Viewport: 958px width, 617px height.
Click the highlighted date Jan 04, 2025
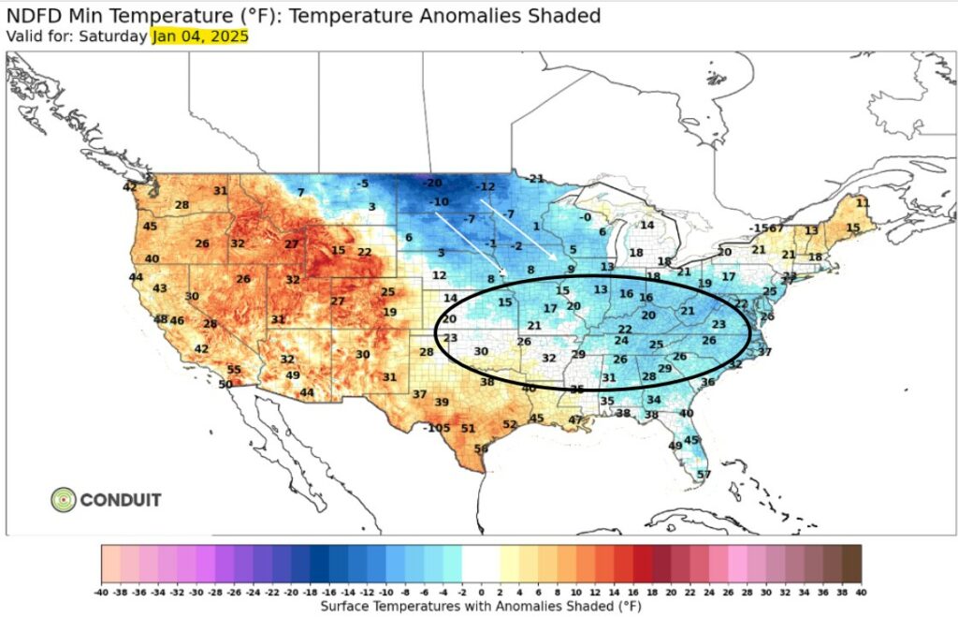pos(199,37)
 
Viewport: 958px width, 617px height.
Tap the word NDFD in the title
pos(35,16)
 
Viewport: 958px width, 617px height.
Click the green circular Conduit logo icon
pos(64,499)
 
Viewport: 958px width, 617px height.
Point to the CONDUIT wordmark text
pos(121,499)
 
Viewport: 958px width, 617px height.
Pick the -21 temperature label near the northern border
pos(534,179)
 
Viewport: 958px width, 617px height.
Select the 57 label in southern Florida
pos(704,475)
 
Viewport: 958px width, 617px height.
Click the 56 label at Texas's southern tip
pos(481,449)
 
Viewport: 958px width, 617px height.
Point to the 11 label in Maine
pos(863,202)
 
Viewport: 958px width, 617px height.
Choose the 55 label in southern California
pos(234,370)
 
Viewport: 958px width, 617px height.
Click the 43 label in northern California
pos(160,288)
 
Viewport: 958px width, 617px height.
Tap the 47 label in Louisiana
pos(574,420)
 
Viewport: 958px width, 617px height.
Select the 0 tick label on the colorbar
pos(481,593)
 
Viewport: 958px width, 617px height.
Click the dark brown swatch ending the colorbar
pos(851,565)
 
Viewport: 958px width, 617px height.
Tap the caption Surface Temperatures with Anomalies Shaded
pos(481,607)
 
